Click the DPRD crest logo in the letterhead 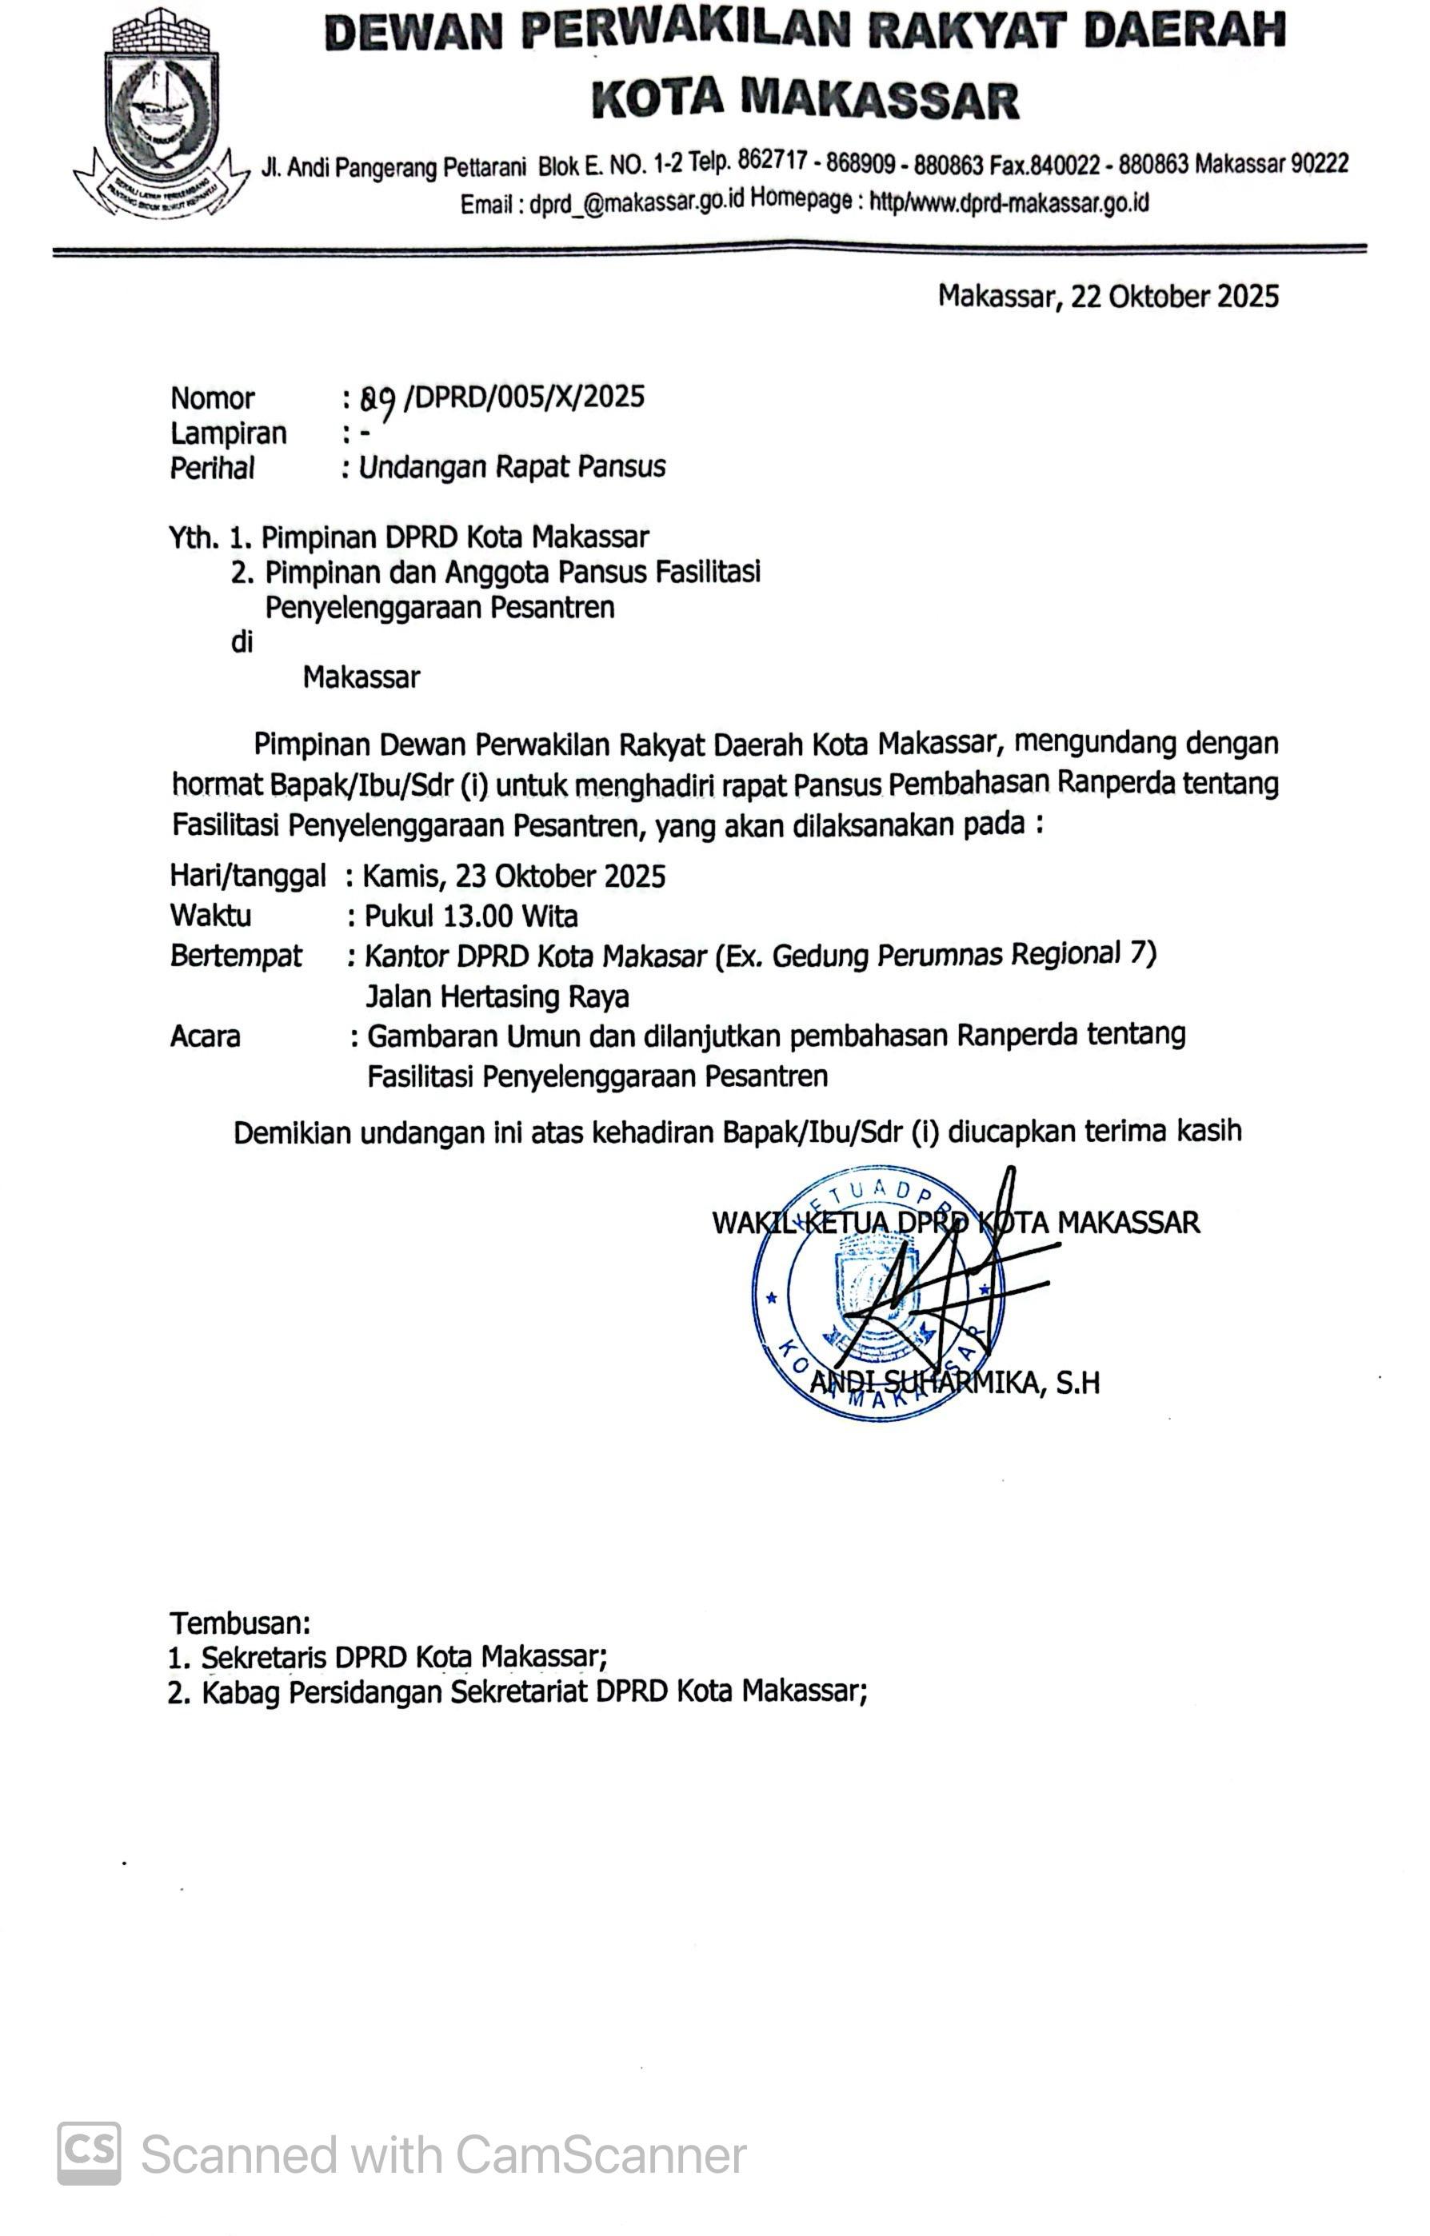click(x=162, y=112)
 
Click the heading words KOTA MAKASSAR click(x=805, y=99)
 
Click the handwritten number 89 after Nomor click(x=379, y=399)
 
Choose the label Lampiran click(x=229, y=433)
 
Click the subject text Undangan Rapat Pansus click(x=512, y=467)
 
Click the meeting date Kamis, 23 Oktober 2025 click(x=513, y=876)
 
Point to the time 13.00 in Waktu click(x=477, y=916)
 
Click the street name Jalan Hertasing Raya click(x=497, y=996)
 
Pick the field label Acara click(x=206, y=1036)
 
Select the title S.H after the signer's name click(x=1077, y=1384)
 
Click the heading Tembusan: click(x=240, y=1623)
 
